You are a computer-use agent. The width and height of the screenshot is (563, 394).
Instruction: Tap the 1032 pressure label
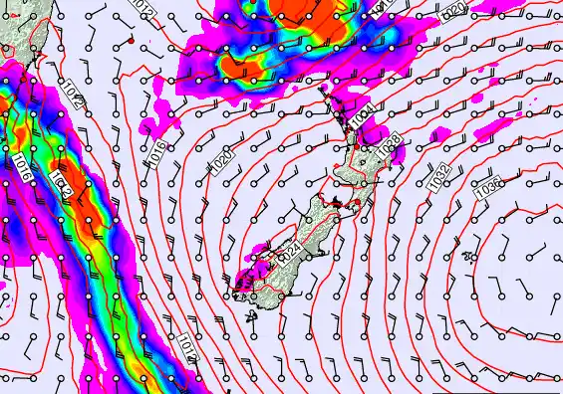(x=438, y=177)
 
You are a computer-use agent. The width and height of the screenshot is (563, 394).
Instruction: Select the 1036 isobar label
(x=490, y=185)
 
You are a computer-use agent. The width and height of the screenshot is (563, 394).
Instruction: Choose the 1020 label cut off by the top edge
(x=451, y=11)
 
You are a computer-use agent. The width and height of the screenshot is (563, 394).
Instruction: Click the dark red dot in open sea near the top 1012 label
(x=132, y=41)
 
